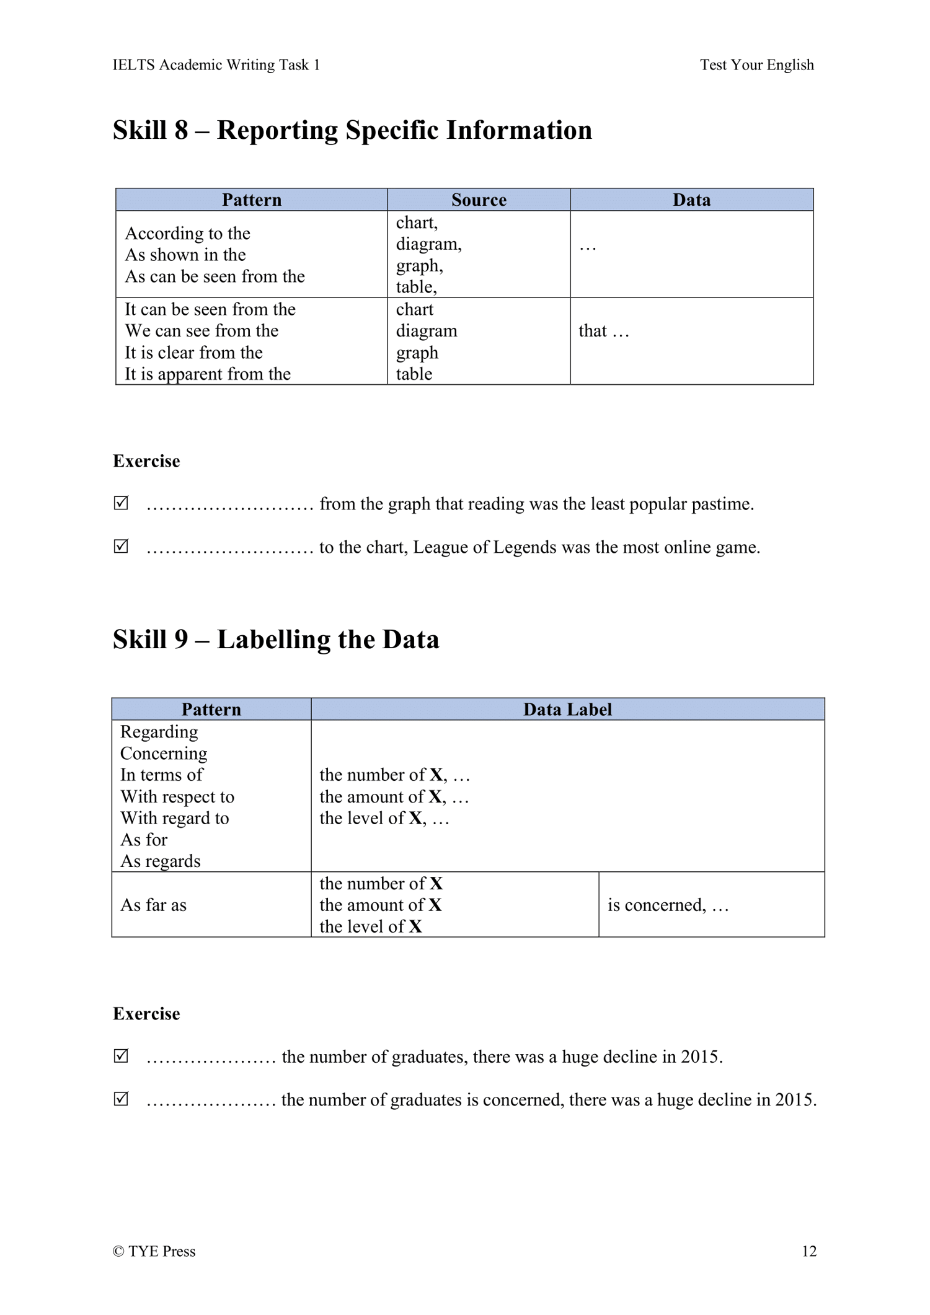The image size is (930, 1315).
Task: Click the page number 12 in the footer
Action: click(x=808, y=1251)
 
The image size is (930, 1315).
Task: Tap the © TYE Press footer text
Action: click(x=154, y=1251)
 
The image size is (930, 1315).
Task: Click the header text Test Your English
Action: click(x=756, y=64)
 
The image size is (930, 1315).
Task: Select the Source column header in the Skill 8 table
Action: click(x=479, y=200)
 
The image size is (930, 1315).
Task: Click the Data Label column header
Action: click(x=567, y=709)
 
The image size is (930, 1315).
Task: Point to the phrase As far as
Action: click(x=153, y=905)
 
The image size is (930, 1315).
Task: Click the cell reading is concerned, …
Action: click(x=668, y=905)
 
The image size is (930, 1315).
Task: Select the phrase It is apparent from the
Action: click(x=208, y=374)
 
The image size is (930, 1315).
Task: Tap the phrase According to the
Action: click(x=187, y=233)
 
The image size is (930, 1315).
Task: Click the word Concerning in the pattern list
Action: click(x=164, y=753)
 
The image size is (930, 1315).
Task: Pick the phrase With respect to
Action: click(x=177, y=796)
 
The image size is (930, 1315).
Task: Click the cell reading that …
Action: click(x=603, y=331)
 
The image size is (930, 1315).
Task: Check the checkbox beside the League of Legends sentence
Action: click(x=122, y=546)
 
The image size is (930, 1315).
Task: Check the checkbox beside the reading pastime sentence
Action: click(x=122, y=503)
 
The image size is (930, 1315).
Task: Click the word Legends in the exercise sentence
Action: click(x=525, y=547)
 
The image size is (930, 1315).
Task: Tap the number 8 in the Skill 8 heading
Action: click(x=181, y=130)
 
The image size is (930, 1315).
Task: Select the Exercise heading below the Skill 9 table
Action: click(x=146, y=1013)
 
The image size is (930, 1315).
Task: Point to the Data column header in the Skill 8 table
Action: click(x=691, y=200)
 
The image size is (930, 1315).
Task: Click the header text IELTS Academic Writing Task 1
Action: click(x=216, y=64)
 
